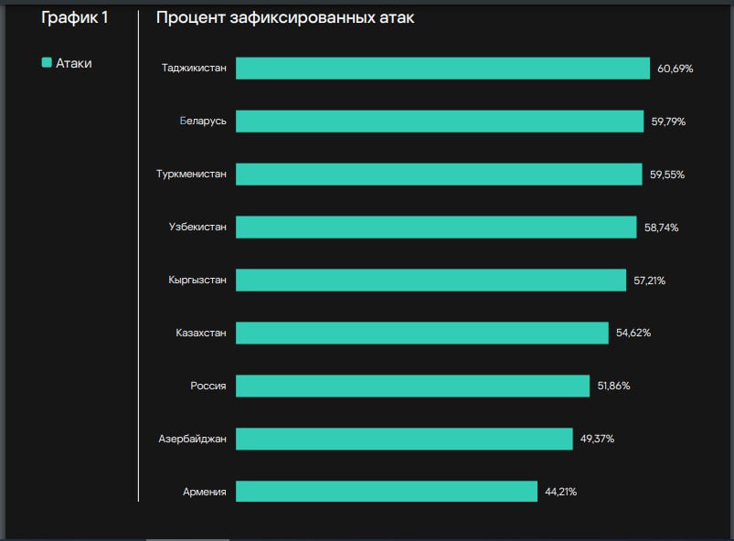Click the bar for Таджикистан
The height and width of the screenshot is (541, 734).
[x=443, y=69]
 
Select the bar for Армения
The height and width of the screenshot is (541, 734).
[x=387, y=492]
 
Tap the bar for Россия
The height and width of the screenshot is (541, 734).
[x=412, y=386]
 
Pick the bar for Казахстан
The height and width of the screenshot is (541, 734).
[x=421, y=333]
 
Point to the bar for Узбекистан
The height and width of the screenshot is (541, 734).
[x=436, y=228]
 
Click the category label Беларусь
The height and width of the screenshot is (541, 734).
[x=203, y=122]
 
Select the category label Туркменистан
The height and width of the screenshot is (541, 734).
[x=191, y=175]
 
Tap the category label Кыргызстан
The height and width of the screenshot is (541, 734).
[x=197, y=280]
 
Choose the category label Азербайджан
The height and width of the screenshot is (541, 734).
[x=192, y=439]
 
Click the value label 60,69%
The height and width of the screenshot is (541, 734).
[x=675, y=69]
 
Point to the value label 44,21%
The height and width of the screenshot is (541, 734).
[x=560, y=492]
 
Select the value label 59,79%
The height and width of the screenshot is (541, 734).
[x=668, y=122]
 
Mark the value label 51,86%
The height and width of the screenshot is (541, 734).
[x=613, y=386]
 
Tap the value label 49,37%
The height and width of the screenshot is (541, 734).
[x=597, y=439]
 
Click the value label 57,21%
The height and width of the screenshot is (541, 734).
[x=649, y=280]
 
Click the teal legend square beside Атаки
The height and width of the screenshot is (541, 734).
[x=47, y=63]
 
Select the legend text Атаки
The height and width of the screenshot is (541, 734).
[x=74, y=64]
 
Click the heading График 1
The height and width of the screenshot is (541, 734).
[x=75, y=17]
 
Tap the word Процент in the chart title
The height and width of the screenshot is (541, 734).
[x=186, y=18]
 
